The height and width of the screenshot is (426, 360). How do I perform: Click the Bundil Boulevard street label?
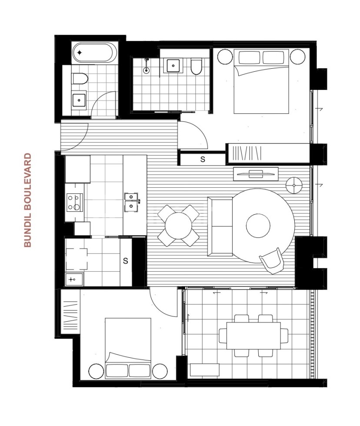(28, 200)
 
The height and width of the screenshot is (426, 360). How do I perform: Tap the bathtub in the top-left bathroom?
(94, 53)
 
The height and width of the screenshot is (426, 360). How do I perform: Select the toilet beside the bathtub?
(79, 78)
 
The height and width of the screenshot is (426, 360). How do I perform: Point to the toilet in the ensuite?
(196, 67)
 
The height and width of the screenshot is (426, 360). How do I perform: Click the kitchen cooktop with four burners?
(74, 202)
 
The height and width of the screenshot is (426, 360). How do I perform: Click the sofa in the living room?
(221, 226)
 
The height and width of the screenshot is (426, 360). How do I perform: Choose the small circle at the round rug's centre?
(258, 226)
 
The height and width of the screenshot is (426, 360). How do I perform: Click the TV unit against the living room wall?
(256, 173)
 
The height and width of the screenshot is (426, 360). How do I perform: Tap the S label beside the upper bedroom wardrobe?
(203, 159)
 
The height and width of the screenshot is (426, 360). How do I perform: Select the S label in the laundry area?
(125, 261)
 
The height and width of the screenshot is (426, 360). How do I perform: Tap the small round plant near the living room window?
(294, 185)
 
